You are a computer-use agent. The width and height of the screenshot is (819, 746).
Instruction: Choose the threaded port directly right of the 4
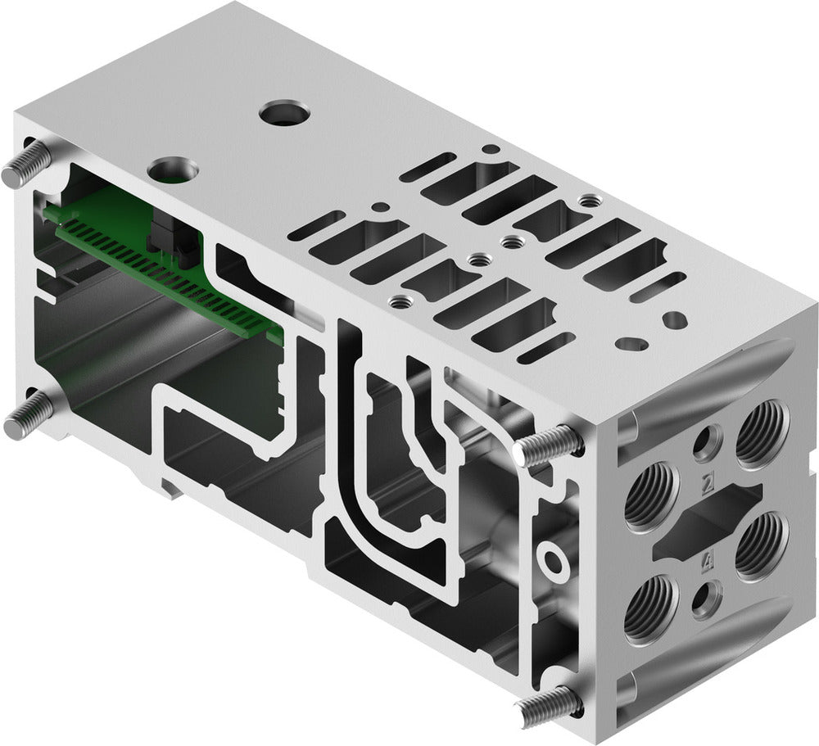pyautogui.click(x=761, y=545)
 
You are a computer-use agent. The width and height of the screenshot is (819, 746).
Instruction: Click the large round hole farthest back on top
pyautogui.click(x=283, y=113)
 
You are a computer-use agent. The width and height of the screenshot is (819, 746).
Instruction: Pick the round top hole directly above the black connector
pyautogui.click(x=174, y=170)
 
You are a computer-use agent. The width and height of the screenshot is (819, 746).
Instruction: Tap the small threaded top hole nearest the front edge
pyautogui.click(x=399, y=301)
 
